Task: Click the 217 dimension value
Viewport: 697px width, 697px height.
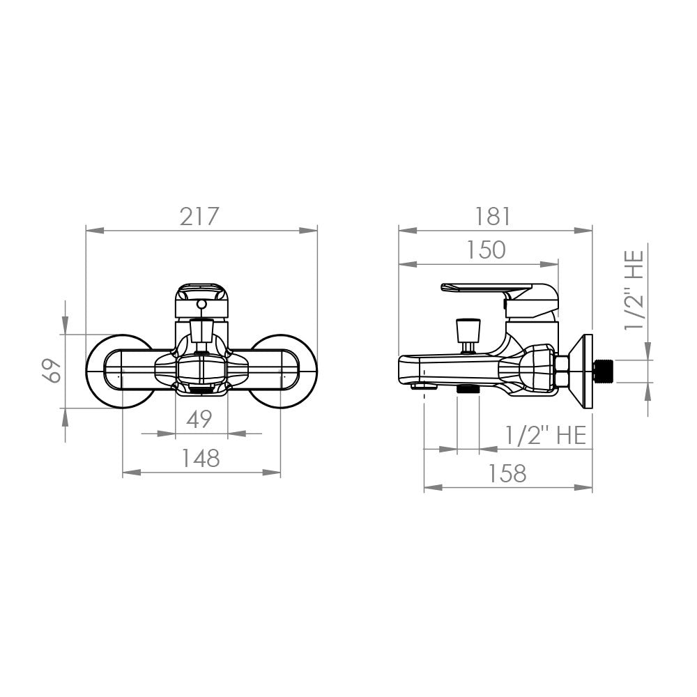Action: tap(199, 217)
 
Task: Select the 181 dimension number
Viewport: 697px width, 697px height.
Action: tap(493, 217)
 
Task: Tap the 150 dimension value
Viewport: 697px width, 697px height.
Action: tap(486, 250)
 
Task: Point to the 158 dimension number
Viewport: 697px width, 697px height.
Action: tap(507, 473)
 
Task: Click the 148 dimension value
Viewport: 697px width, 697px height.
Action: tap(201, 458)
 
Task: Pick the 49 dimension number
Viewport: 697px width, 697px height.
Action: tap(199, 419)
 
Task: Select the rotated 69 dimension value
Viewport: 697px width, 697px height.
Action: tap(52, 370)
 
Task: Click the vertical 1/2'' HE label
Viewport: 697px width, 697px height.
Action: tap(634, 290)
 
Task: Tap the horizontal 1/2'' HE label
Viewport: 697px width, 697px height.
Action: tap(546, 435)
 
